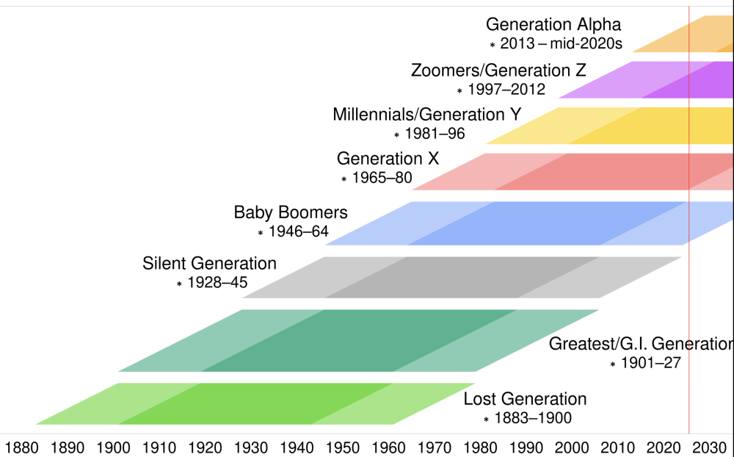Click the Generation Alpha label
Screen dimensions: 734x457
point(553,24)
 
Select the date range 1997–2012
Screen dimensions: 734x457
point(506,89)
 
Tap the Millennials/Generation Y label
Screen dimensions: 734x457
point(427,115)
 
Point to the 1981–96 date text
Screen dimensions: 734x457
point(435,134)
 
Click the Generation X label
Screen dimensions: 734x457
point(388,159)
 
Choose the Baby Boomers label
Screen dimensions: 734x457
point(291,212)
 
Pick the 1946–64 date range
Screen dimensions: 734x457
point(299,231)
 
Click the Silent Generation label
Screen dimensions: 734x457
point(209,264)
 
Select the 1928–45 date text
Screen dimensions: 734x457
point(217,283)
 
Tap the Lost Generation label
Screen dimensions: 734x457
point(525,399)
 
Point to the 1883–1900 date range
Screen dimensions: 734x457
point(533,418)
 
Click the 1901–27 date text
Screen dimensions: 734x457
point(650,363)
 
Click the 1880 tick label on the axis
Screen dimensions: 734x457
point(21,447)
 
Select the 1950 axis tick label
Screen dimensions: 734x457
point(342,447)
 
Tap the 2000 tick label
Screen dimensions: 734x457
point(572,447)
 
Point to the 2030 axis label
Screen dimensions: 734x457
point(709,447)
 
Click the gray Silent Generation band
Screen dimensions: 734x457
point(462,278)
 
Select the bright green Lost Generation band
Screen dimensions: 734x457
point(255,403)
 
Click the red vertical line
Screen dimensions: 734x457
point(689,220)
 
